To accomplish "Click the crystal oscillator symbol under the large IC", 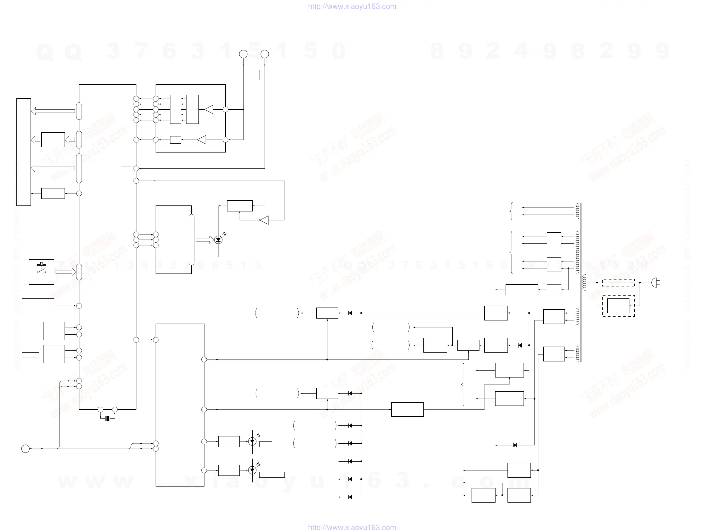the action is tap(108, 418).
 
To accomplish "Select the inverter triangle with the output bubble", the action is tap(264, 220).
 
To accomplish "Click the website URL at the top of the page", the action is tap(352, 6).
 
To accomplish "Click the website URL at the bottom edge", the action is tap(352, 527).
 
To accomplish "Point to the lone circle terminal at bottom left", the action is tap(26, 449).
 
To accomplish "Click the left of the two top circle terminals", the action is tap(243, 54).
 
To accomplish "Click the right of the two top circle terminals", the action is tap(265, 54).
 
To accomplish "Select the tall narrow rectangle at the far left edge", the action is tap(24, 152).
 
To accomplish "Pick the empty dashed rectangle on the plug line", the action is tap(618, 283).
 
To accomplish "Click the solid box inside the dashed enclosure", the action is tap(618, 306).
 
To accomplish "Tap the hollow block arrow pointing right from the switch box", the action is tap(66, 272).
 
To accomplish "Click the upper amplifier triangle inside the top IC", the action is tap(209, 109).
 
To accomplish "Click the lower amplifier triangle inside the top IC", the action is tap(202, 140).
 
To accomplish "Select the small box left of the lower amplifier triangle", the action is tap(175, 140).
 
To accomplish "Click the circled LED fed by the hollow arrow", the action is tap(218, 240).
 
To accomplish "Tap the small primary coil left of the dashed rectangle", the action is tap(584, 283).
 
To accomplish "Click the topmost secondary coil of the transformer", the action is tap(577, 211).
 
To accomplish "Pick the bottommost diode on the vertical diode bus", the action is tap(350, 497).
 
